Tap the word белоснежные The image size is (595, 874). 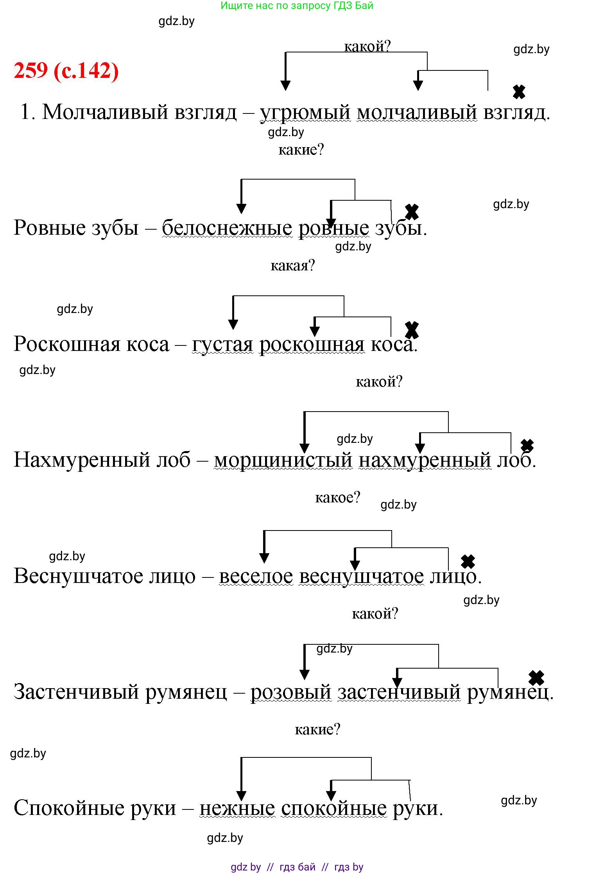tap(227, 228)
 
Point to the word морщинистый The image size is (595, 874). tap(283, 460)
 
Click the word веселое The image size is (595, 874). tap(256, 576)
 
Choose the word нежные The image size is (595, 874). tap(237, 808)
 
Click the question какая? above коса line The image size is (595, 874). tap(292, 266)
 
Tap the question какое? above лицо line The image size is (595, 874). tap(337, 498)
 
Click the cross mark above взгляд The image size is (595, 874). tap(519, 92)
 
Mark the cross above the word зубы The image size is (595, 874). tap(412, 212)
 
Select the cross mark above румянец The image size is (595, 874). tap(536, 678)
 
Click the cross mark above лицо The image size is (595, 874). tap(468, 561)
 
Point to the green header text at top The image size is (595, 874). tap(297, 5)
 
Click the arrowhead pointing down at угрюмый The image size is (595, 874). tap(286, 85)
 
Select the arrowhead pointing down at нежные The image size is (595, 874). tap(241, 796)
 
